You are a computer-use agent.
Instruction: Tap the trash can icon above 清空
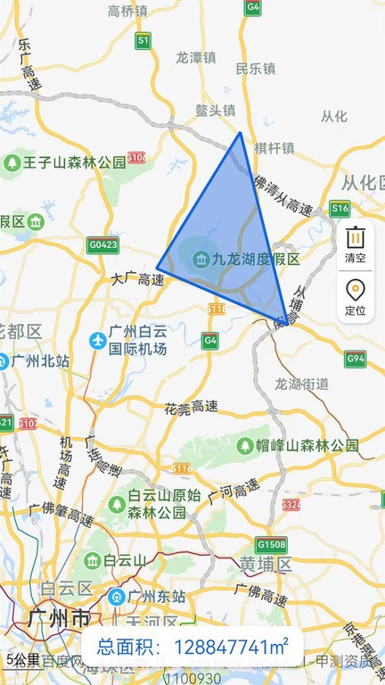[x=355, y=238]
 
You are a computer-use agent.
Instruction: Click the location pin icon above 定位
[x=355, y=291]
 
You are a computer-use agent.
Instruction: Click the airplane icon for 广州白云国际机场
[x=97, y=340]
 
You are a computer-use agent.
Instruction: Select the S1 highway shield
[x=143, y=40]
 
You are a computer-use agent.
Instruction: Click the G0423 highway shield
[x=102, y=243]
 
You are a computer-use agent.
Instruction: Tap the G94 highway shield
[x=356, y=359]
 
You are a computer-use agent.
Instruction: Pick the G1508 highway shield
[x=270, y=544]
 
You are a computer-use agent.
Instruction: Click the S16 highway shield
[x=340, y=209]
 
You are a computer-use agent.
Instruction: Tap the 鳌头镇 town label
[x=215, y=111]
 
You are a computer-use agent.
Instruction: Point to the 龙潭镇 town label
[x=196, y=55]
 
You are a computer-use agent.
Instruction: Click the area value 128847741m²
[x=231, y=648]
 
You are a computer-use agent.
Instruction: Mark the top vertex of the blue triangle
[x=240, y=133]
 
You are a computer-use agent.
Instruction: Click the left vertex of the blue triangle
[x=158, y=267]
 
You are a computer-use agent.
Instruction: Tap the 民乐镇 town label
[x=256, y=68]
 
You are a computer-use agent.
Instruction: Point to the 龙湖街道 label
[x=301, y=384]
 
